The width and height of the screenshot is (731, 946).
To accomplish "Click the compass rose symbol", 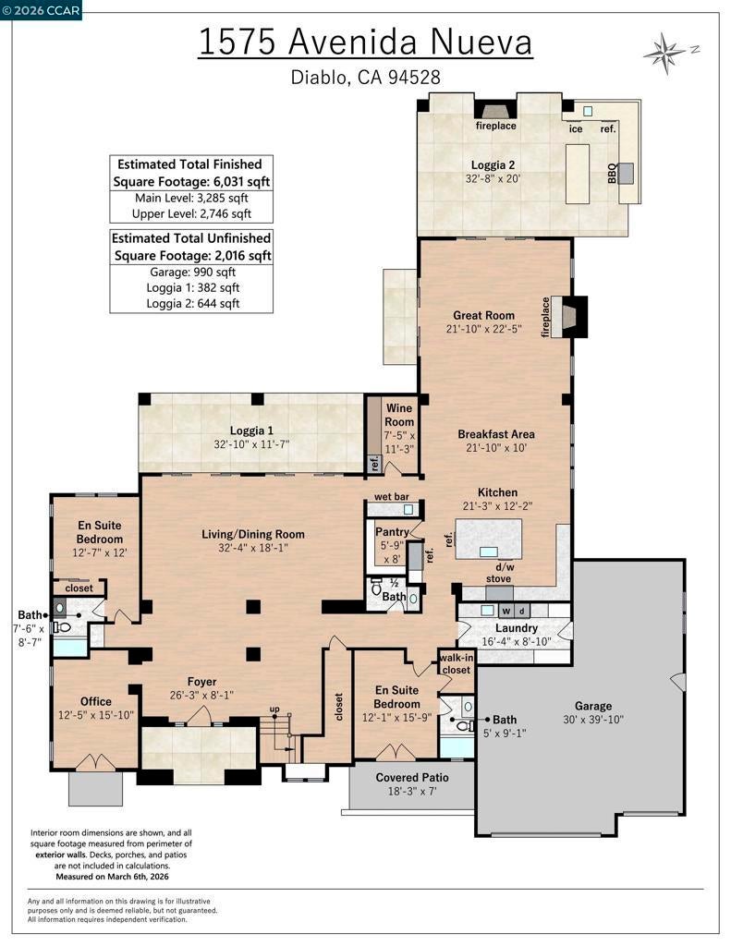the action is (x=665, y=53).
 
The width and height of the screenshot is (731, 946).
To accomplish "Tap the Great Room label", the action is (x=483, y=315).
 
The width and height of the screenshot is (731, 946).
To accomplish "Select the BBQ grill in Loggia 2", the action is (x=626, y=174).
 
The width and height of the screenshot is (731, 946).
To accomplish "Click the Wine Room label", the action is (x=399, y=415).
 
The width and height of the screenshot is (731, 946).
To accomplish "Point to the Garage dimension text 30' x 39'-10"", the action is (x=592, y=719).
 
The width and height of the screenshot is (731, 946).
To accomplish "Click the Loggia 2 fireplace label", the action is (x=495, y=126).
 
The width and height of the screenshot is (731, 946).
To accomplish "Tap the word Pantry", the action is (x=392, y=532).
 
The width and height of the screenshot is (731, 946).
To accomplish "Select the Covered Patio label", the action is (x=412, y=777).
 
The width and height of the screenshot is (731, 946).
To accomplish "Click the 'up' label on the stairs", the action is (x=274, y=709).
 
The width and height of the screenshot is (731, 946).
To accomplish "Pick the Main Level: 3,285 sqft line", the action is (x=191, y=198).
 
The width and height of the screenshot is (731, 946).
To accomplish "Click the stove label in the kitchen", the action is (x=499, y=578).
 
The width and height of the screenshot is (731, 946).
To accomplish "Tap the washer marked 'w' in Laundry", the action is (x=507, y=611).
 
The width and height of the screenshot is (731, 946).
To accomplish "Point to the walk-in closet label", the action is (x=457, y=663).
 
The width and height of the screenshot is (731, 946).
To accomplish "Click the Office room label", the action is (x=96, y=701).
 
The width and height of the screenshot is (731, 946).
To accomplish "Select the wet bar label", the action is (x=392, y=496).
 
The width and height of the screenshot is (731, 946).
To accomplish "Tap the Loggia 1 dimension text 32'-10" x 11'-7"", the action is (x=251, y=444).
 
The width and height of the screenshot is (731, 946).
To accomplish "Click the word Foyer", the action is (x=201, y=682).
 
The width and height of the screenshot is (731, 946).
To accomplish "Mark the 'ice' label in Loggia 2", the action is (x=576, y=128).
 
